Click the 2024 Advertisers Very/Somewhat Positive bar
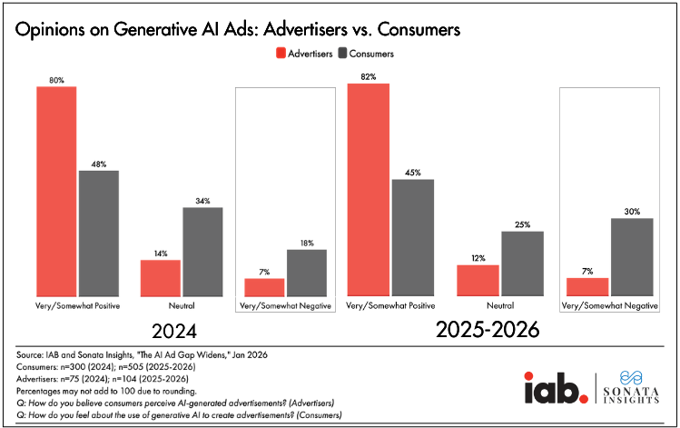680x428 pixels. (x=56, y=191)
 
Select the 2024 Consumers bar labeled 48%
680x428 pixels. (x=98, y=233)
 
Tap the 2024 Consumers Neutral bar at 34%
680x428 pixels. (x=202, y=252)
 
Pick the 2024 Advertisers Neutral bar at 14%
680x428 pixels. (x=161, y=277)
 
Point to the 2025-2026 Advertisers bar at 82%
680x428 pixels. (x=370, y=189)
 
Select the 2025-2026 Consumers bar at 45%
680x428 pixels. (x=411, y=237)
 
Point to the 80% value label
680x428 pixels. (x=56, y=80)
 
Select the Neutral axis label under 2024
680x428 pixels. (x=182, y=305)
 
